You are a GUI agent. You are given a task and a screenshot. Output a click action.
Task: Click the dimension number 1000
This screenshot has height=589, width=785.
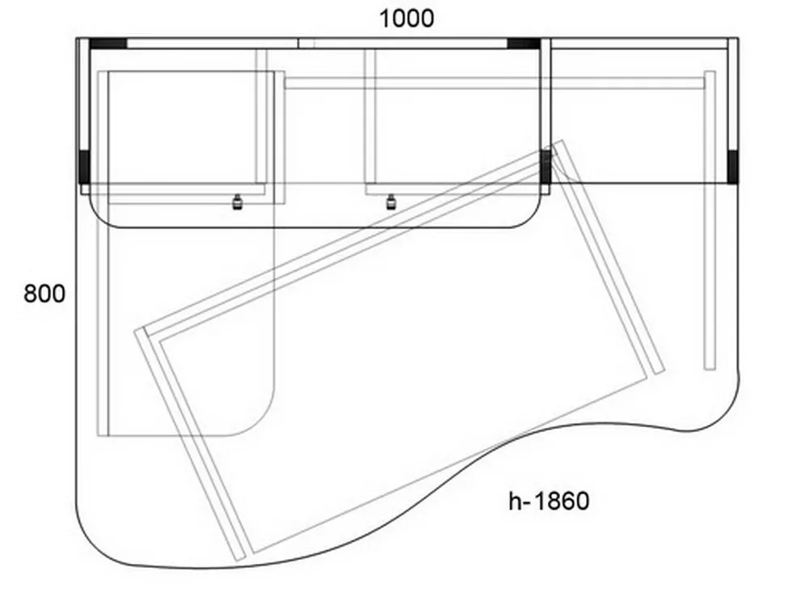(x=406, y=19)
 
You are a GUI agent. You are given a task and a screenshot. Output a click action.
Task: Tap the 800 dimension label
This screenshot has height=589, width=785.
(x=45, y=293)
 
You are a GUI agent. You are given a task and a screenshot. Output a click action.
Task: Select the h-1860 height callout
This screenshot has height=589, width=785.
(x=549, y=501)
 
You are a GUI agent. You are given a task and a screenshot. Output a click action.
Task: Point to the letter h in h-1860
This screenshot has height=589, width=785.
(x=515, y=501)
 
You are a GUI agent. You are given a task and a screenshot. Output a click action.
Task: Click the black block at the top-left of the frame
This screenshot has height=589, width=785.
(x=108, y=44)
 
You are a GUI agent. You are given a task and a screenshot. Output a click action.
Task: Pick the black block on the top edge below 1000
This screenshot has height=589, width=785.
(x=524, y=44)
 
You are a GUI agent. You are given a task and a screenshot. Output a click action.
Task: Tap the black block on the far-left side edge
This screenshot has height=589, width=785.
(x=84, y=167)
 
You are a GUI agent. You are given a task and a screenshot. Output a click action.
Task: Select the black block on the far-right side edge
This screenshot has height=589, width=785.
(x=733, y=167)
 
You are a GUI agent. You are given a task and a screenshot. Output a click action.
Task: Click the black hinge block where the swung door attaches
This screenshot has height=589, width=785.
(x=545, y=167)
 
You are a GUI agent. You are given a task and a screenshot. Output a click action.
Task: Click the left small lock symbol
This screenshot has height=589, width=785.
(x=237, y=201)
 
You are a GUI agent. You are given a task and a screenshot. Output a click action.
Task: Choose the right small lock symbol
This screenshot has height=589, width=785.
(x=391, y=202)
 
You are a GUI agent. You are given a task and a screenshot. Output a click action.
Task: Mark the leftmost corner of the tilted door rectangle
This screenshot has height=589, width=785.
(x=135, y=331)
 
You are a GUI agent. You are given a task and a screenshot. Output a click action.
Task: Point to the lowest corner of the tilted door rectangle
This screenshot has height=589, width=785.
(x=238, y=560)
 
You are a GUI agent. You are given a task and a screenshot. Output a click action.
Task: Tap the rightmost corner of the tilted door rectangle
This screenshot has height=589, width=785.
(x=664, y=371)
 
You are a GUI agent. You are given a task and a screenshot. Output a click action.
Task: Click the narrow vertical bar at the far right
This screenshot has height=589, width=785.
(x=710, y=221)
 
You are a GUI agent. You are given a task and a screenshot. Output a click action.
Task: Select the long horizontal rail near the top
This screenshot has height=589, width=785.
(x=494, y=83)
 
